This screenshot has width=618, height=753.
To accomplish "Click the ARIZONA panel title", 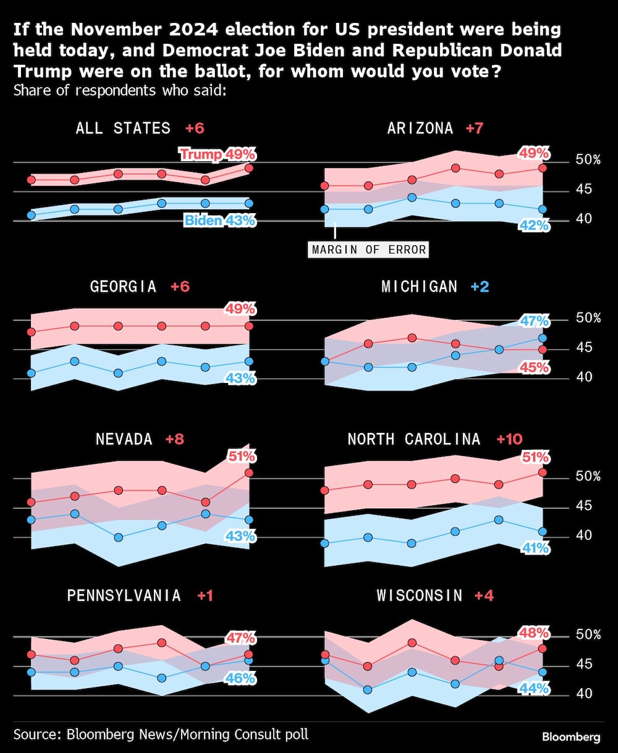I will [x=420, y=128].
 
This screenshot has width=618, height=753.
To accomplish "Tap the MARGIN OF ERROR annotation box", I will [x=369, y=250].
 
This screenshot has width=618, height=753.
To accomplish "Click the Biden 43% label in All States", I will [x=219, y=221].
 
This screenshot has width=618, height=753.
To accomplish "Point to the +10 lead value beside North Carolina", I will [x=509, y=439].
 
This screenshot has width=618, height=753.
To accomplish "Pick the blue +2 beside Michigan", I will [x=480, y=287].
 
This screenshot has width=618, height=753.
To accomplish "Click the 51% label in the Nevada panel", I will [x=241, y=457].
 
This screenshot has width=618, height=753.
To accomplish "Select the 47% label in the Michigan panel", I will [x=535, y=321].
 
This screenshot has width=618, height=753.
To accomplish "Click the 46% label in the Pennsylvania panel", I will [x=241, y=678].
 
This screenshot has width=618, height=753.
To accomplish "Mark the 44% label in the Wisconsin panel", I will [x=535, y=688].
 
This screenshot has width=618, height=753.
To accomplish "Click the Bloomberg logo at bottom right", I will [x=571, y=737].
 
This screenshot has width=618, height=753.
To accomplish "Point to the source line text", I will [x=161, y=734].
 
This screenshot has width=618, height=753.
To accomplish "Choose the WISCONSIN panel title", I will [x=419, y=595].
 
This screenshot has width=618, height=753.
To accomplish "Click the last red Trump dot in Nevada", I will [x=249, y=473].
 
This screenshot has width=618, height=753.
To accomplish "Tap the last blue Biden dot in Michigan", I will [x=543, y=338].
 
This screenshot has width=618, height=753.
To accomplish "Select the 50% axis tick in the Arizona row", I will [x=588, y=160].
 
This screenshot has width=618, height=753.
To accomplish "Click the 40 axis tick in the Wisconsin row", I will [x=584, y=694].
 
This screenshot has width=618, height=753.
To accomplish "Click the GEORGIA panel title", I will [x=123, y=287].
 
